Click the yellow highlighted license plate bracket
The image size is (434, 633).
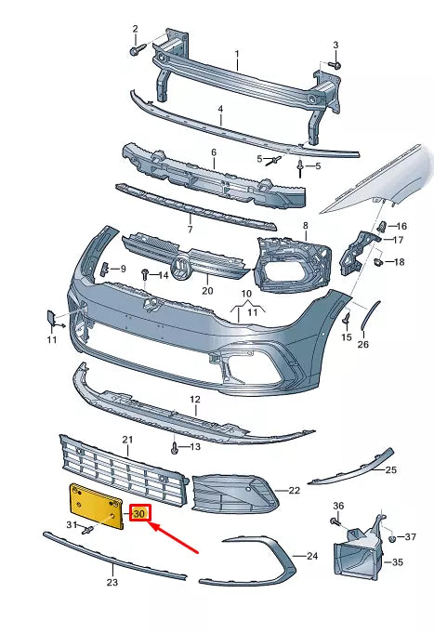click(94, 506)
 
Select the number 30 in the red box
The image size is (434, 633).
click(139, 513)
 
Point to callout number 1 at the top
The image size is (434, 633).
click(236, 54)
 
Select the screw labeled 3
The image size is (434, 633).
click(335, 64)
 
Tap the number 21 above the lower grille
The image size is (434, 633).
click(127, 439)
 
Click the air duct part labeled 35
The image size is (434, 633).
click(356, 557)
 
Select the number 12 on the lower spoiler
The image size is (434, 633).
click(195, 399)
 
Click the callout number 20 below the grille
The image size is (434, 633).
click(207, 290)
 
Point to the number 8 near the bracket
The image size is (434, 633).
click(304, 226)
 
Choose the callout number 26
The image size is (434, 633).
click(362, 344)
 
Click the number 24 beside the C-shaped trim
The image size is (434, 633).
click(311, 556)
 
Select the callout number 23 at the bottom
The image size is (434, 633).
click(112, 583)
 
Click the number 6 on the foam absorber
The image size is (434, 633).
click(213, 152)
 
